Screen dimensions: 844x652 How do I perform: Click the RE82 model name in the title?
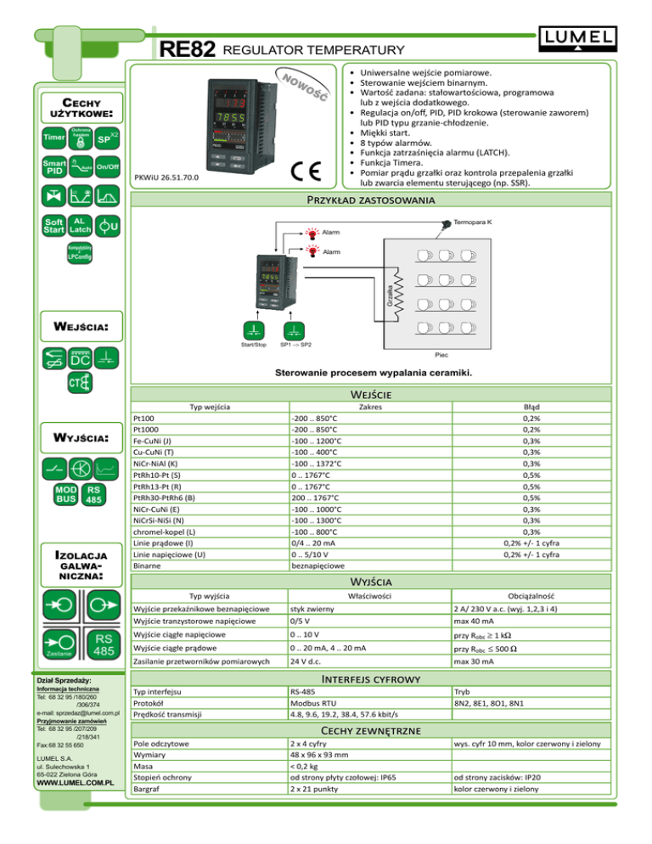[x=186, y=51]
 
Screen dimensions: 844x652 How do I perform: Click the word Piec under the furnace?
[x=441, y=354]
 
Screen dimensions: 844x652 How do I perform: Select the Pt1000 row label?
[x=149, y=430]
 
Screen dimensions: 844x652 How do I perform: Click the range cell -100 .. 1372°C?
[x=316, y=464]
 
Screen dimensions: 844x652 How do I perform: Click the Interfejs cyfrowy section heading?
[x=391, y=680]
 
